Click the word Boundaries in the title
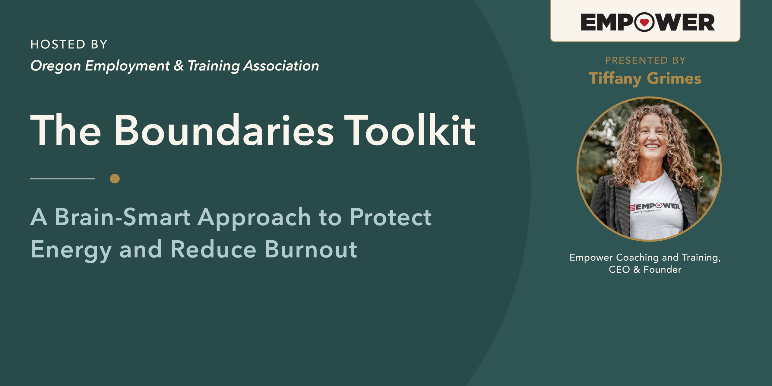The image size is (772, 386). click(x=224, y=130)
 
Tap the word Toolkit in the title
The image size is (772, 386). click(x=410, y=130)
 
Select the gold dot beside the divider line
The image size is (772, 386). click(x=115, y=179)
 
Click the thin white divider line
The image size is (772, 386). click(x=63, y=179)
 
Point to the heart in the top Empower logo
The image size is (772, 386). click(x=644, y=22)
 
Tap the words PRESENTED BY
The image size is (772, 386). click(x=645, y=60)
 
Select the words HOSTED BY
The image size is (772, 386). click(x=69, y=44)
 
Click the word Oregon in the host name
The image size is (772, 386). click(x=56, y=66)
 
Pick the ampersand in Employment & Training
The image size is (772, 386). click(x=179, y=66)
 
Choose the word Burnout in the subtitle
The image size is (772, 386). click(x=311, y=249)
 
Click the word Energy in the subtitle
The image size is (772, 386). click(x=71, y=251)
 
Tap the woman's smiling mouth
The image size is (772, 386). click(x=652, y=146)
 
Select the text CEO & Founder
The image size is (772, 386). click(x=645, y=269)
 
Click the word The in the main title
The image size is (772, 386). click(x=66, y=130)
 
